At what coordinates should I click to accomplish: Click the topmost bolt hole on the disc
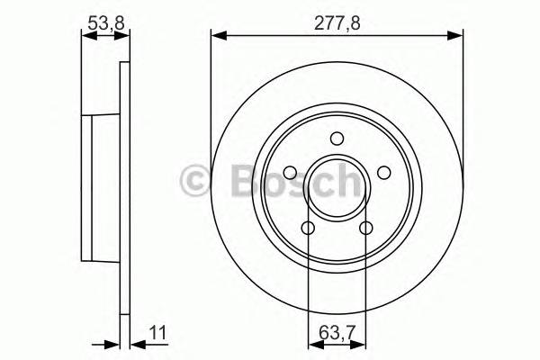click(337, 139)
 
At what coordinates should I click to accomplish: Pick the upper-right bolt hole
click(382, 173)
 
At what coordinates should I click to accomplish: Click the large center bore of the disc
click(337, 187)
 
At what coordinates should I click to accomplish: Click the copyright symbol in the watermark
click(195, 181)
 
